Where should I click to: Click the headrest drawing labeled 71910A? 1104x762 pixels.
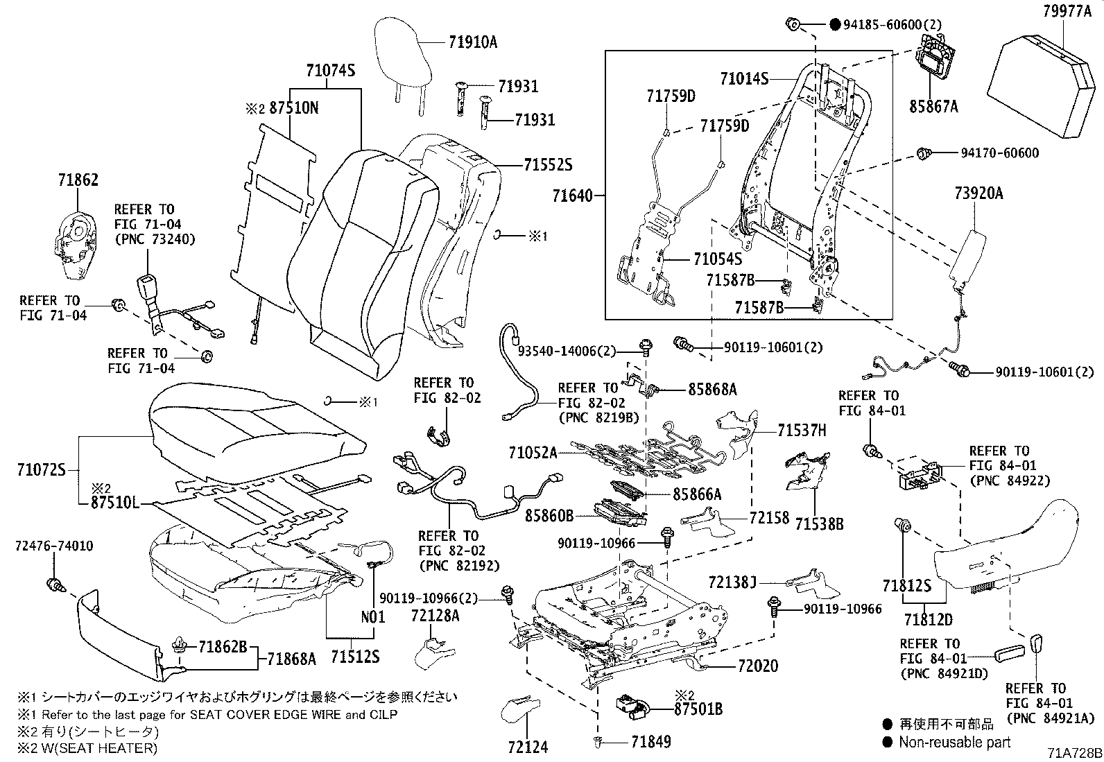[405, 52]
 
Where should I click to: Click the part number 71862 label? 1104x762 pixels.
[78, 181]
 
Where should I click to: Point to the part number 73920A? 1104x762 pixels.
[978, 193]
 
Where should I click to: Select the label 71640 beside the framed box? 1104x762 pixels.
[573, 196]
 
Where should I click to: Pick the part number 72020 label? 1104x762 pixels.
[758, 666]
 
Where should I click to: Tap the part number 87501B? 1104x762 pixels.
[698, 709]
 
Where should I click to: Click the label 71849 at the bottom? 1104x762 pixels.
[651, 742]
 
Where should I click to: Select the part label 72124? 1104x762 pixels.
[528, 747]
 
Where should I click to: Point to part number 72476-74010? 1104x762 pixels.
[53, 546]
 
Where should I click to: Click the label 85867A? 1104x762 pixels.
[933, 106]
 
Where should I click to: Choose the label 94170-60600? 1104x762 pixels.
[999, 153]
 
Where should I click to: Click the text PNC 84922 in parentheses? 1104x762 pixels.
[1009, 480]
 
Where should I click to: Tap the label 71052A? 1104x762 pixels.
[532, 453]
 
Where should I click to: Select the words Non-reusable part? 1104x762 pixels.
[955, 743]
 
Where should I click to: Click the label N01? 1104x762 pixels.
[372, 614]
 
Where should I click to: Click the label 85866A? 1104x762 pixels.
[697, 494]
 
